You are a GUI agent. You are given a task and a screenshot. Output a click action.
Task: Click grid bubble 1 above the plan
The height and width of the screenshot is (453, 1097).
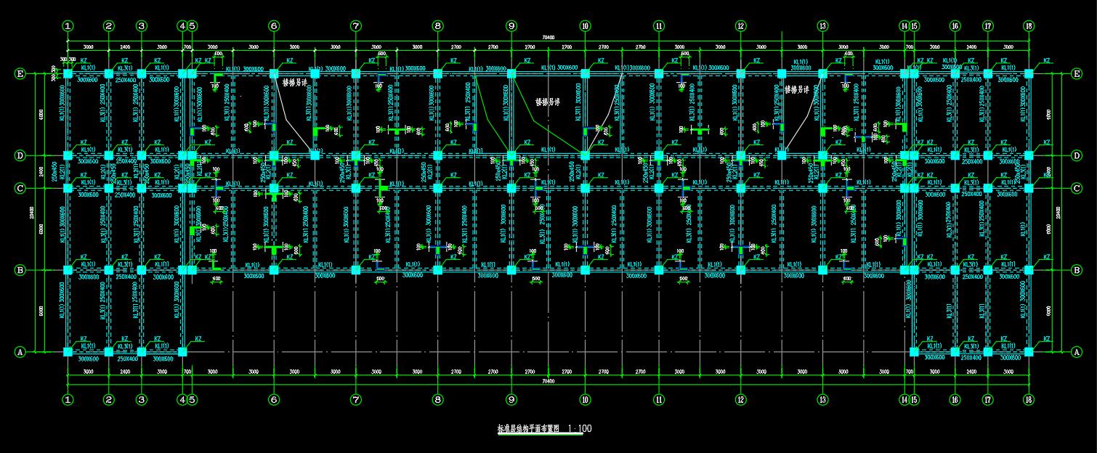(68, 26)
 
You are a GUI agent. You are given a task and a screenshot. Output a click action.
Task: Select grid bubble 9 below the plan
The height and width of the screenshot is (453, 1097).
(511, 399)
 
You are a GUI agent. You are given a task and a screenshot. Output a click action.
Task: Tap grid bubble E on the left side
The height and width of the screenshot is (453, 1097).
(20, 73)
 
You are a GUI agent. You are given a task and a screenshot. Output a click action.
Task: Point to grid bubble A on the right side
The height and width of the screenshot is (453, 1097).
(1077, 352)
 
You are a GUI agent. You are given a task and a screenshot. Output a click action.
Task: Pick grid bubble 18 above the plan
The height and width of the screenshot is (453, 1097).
(1029, 26)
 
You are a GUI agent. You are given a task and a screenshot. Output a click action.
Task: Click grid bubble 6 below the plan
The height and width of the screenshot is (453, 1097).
(274, 399)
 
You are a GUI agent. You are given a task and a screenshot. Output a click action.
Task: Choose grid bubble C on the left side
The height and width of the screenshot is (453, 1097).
(20, 188)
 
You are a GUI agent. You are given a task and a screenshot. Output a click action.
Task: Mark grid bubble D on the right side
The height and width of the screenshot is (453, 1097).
(1077, 155)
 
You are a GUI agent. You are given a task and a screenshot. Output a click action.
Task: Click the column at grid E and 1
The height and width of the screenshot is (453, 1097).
(68, 73)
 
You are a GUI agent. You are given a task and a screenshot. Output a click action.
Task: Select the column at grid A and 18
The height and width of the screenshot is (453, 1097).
(1029, 352)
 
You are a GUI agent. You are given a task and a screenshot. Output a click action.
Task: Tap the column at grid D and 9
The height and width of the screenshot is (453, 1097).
(511, 155)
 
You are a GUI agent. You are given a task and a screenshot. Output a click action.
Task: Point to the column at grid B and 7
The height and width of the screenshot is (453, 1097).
(356, 270)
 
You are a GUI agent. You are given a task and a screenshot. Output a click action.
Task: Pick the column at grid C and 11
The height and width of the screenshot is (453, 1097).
(659, 188)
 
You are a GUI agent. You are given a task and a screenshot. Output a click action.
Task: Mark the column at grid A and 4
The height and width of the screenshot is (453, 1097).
(182, 352)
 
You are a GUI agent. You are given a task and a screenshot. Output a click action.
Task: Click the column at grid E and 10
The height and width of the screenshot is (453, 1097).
(585, 73)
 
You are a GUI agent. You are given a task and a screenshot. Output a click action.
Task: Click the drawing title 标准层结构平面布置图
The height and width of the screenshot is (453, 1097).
(528, 429)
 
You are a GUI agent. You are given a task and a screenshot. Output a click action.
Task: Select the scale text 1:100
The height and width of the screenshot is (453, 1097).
(580, 429)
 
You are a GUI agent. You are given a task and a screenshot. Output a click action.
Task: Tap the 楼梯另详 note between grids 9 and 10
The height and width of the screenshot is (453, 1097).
(548, 102)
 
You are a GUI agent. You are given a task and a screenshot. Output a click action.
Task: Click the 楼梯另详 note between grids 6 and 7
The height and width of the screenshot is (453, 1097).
(295, 83)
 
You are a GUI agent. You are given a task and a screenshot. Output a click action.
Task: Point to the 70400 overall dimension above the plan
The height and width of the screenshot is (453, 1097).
(548, 38)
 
